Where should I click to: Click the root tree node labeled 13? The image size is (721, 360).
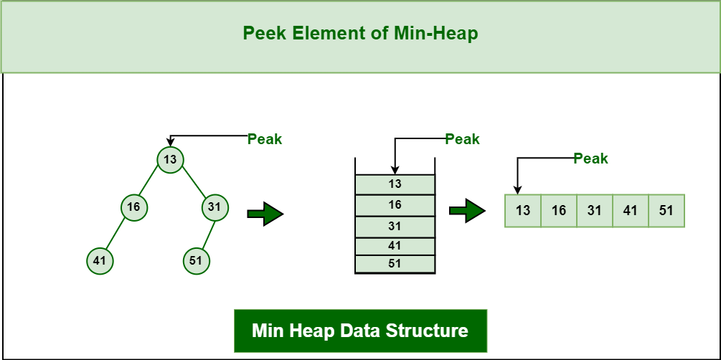[x=170, y=159]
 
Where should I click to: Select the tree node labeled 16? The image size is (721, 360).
[x=133, y=207]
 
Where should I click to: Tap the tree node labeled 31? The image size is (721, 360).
[x=215, y=207]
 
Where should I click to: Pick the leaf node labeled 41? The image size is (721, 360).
[x=99, y=260]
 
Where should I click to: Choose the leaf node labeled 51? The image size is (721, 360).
[x=196, y=260]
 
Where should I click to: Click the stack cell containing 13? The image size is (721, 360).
[x=395, y=184]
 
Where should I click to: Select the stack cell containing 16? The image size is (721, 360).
[x=395, y=205]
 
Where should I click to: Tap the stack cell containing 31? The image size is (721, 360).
[x=395, y=226]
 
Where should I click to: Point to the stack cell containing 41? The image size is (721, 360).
[x=395, y=245]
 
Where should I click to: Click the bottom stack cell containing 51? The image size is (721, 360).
[x=395, y=263]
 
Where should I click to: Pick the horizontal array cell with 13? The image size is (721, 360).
[x=523, y=211]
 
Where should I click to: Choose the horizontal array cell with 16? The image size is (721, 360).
[x=559, y=211]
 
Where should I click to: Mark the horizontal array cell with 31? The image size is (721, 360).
[x=595, y=211]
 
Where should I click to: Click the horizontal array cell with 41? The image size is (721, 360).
[x=631, y=211]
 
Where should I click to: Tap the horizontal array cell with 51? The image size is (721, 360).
[x=666, y=211]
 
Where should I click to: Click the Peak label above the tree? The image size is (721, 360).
[x=265, y=139]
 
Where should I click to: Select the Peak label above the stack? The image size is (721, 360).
[x=463, y=139]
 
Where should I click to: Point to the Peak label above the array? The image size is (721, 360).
[x=590, y=158]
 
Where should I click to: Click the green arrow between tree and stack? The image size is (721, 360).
[x=265, y=214]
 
